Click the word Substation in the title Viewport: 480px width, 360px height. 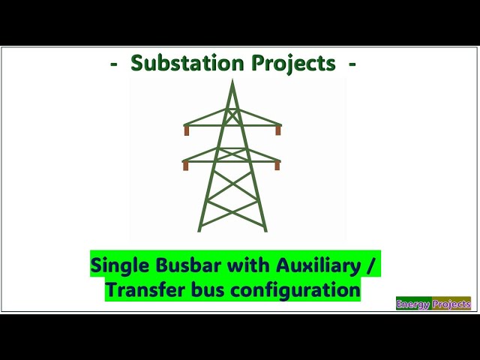pyautogui.click(x=181, y=64)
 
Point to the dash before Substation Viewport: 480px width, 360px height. pyautogui.click(x=114, y=64)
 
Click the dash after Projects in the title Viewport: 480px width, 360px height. pyautogui.click(x=352, y=64)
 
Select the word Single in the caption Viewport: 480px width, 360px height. pyautogui.click(x=116, y=265)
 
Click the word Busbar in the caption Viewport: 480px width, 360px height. pyautogui.click(x=178, y=265)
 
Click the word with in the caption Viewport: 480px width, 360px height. pyautogui.click(x=233, y=265)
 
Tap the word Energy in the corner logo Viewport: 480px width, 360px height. pyautogui.click(x=413, y=304)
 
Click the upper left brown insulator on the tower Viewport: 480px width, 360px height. pyautogui.click(x=187, y=130)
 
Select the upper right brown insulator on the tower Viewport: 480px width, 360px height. pyautogui.click(x=278, y=130)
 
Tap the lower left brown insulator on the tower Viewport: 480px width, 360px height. pyautogui.click(x=185, y=166)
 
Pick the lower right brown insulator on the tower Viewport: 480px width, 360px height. pyautogui.click(x=277, y=166)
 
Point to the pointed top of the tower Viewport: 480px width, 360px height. pyautogui.click(x=232, y=80)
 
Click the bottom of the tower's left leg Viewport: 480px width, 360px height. pyautogui.click(x=199, y=229)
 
